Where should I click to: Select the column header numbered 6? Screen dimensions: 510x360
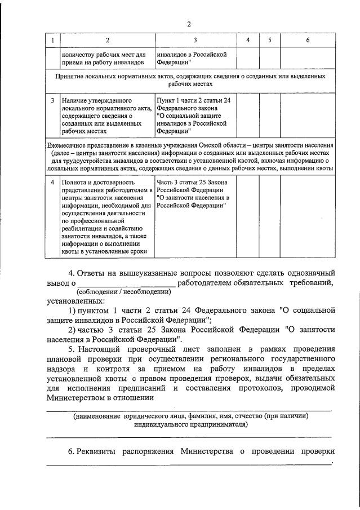(x=307, y=41)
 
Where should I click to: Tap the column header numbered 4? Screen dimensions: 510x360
(x=248, y=41)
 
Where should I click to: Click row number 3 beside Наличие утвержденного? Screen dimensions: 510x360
(x=52, y=100)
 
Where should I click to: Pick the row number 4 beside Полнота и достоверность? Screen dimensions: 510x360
(x=52, y=183)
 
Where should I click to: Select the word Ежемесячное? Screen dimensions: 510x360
(x=68, y=145)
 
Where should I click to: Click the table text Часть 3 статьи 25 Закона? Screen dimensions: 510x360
(x=190, y=183)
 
